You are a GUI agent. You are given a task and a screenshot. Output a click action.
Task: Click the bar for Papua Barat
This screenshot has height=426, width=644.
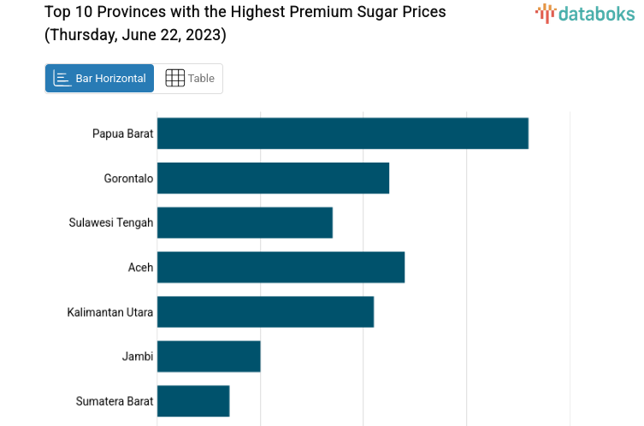(x=342, y=133)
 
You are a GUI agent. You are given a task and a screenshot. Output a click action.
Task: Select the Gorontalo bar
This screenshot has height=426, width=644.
(x=273, y=178)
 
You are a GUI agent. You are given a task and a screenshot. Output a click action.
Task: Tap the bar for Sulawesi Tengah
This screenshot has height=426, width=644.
(x=245, y=222)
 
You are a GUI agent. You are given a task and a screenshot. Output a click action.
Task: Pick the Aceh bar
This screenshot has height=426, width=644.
(x=281, y=267)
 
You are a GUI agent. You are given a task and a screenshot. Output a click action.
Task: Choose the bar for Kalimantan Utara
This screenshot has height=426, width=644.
(x=265, y=311)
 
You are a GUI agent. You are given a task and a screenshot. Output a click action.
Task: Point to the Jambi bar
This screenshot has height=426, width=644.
(x=209, y=356)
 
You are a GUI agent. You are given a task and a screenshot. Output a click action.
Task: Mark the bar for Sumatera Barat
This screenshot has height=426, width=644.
(x=193, y=400)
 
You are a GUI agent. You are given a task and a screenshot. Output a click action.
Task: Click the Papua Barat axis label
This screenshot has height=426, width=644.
(x=122, y=133)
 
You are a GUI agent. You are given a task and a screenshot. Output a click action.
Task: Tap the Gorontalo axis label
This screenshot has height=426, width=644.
(x=128, y=178)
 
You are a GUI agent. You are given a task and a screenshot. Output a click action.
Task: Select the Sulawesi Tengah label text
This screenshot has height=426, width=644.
(x=111, y=222)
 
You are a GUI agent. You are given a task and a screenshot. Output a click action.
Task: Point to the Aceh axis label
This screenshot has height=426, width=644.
(x=140, y=267)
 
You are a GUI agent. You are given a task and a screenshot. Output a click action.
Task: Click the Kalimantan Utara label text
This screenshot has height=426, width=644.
(x=110, y=311)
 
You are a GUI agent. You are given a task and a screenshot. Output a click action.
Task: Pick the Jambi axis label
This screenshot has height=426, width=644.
(x=138, y=356)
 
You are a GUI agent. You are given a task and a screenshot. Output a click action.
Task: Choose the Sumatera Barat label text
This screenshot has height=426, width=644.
(x=115, y=400)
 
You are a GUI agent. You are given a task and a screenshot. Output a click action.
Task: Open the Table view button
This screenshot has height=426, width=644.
(x=190, y=79)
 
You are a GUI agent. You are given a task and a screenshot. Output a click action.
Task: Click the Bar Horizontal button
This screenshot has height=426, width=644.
(x=100, y=79)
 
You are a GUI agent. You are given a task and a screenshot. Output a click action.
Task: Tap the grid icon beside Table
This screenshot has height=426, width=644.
(x=174, y=79)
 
